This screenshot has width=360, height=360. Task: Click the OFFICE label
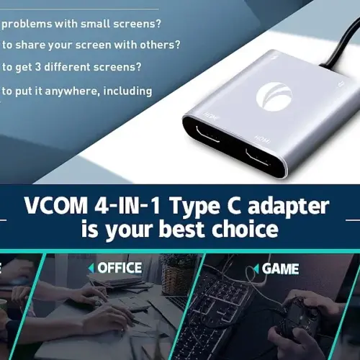point(120,268)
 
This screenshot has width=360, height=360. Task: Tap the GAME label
point(280,269)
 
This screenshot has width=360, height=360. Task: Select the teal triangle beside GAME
point(256,269)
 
